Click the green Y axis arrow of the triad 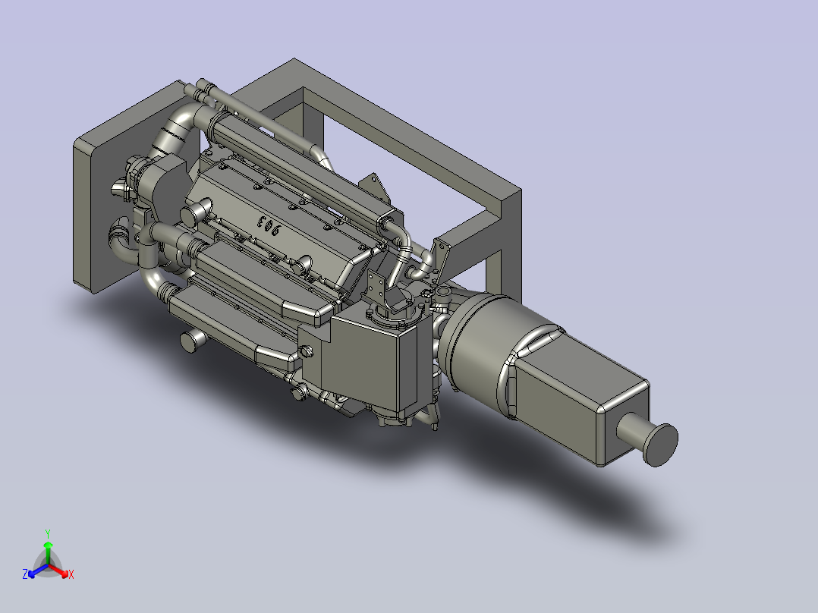[48, 548]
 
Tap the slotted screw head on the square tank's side [307, 352]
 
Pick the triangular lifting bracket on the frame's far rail [371, 187]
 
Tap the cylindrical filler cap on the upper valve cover [201, 209]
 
